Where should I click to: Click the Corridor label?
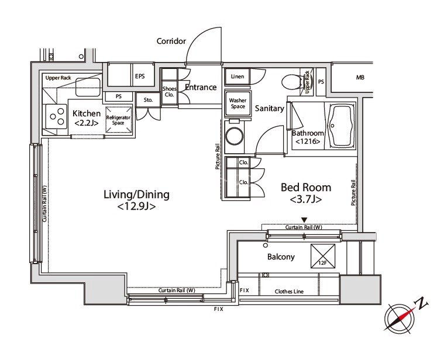click(171, 41)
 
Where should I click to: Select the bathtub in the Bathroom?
click(341, 125)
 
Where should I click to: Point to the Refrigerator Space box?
click(119, 120)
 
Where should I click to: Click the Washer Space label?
click(238, 103)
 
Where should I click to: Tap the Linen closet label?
click(238, 77)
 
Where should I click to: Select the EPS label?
click(140, 76)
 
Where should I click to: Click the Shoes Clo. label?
click(169, 92)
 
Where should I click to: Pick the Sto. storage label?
click(148, 100)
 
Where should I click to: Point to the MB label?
click(360, 77)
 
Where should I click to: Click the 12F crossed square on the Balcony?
click(323, 256)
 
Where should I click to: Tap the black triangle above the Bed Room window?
click(304, 220)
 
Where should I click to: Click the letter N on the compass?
click(422, 303)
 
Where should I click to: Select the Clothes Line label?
click(289, 291)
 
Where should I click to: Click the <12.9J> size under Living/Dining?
click(136, 207)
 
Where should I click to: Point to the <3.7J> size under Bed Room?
click(306, 200)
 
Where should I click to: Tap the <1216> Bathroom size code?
click(308, 141)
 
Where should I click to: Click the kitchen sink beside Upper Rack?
click(88, 87)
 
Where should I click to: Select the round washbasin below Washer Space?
click(235, 137)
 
